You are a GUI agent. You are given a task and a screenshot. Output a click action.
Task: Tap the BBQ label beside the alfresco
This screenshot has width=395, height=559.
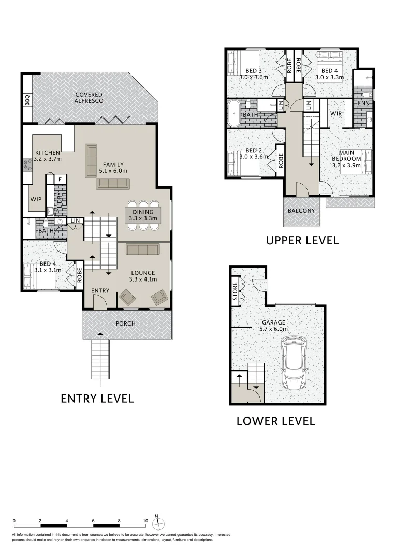point(27,100)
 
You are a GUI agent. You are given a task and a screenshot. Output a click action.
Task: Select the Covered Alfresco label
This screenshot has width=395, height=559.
point(89,98)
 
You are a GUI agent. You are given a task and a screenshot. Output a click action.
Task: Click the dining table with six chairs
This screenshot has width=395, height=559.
point(143,215)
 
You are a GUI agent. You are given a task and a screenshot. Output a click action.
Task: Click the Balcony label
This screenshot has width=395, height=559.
point(301,211)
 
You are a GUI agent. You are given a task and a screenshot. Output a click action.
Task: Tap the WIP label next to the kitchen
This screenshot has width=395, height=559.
point(36,199)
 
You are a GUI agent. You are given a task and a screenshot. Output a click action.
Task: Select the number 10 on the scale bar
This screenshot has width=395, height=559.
point(145,521)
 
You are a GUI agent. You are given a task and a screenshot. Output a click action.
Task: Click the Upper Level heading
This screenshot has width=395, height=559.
point(302,240)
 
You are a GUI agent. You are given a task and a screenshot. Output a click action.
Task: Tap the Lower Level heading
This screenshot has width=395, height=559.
point(275,421)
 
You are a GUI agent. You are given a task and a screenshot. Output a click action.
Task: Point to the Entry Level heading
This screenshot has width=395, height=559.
point(97,398)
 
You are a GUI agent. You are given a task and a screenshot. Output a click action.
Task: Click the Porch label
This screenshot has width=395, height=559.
point(125,323)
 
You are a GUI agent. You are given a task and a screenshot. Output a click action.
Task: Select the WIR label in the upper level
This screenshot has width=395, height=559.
point(336,114)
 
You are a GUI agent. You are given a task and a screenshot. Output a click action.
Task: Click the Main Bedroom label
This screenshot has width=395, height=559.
point(346,156)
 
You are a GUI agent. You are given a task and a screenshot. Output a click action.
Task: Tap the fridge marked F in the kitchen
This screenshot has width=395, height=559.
point(60,179)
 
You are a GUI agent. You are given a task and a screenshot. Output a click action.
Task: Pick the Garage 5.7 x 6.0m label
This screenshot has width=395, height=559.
point(274,326)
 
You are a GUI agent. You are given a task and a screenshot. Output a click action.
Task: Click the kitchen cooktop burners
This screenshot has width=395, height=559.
point(27,165)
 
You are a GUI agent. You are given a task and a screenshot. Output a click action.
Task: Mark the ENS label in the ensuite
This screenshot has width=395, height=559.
point(363,104)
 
